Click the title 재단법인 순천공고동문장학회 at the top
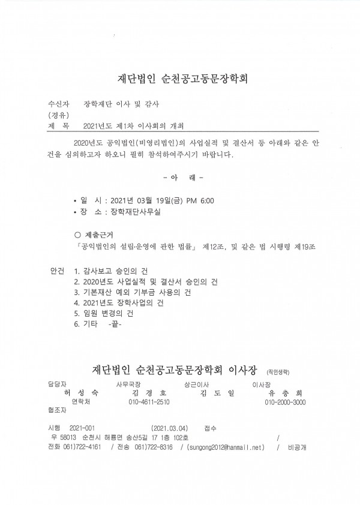tap(180, 79)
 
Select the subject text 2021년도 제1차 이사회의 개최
tap(135, 127)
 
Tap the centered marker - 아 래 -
tap(183, 178)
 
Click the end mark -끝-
tap(112, 324)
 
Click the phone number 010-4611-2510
tap(149, 402)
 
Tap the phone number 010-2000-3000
tap(285, 402)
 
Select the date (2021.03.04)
tap(170, 428)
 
